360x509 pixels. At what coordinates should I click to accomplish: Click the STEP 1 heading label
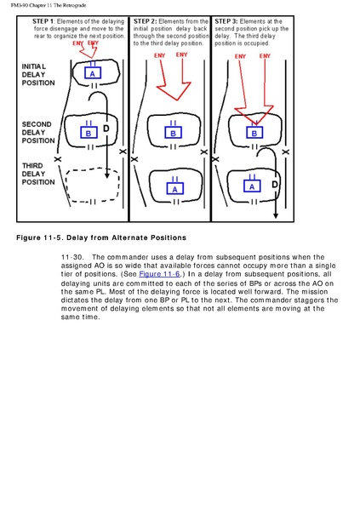tap(43, 21)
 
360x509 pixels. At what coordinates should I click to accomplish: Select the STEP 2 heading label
tap(145, 21)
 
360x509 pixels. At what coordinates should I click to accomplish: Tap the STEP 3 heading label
tap(226, 21)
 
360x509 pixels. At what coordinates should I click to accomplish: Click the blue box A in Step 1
tap(93, 72)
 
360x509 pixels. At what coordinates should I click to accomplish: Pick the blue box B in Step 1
tap(89, 132)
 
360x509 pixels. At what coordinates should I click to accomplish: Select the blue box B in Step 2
tap(173, 132)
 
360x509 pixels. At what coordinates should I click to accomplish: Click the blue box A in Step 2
tap(175, 188)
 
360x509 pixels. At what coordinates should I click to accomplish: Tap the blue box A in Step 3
tap(252, 186)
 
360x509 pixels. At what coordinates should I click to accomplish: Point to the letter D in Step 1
tap(106, 129)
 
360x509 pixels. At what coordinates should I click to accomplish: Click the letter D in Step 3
tap(275, 185)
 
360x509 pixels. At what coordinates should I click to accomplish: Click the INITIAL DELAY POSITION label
tap(38, 75)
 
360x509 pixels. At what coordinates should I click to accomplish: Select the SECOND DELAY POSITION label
tap(38, 133)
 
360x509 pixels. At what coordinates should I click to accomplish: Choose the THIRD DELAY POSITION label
tap(38, 174)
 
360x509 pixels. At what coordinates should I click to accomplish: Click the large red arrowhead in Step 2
tap(174, 91)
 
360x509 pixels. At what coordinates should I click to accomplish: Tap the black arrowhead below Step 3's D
tap(276, 215)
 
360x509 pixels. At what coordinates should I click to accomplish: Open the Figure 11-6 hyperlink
tap(159, 274)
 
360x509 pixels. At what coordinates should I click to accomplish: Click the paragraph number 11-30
tap(72, 257)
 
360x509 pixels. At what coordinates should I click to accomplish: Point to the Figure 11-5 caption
tap(101, 237)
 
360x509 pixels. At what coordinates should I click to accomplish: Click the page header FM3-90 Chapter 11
tap(49, 5)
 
